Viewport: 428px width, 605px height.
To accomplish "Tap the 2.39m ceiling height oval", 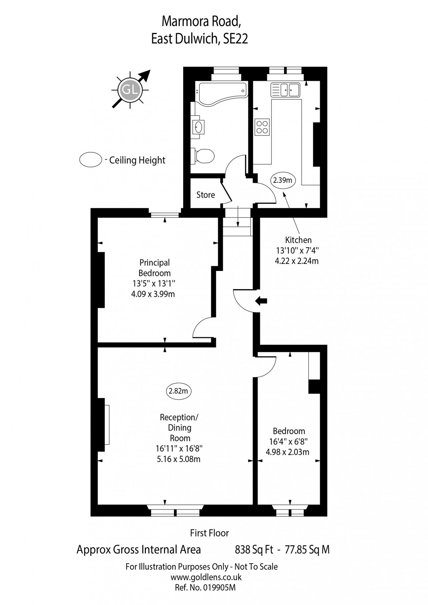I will pyautogui.click(x=283, y=180).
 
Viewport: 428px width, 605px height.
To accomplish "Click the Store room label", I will pyautogui.click(x=205, y=195).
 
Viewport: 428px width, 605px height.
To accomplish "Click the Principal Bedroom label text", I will pyautogui.click(x=155, y=268).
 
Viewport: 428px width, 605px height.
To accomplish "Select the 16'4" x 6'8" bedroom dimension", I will pyautogui.click(x=289, y=442).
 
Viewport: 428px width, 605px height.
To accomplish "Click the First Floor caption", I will pyautogui.click(x=209, y=533).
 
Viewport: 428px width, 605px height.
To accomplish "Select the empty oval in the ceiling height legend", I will pyautogui.click(x=90, y=160).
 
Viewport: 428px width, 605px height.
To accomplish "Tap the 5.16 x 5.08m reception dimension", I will pyautogui.click(x=179, y=459).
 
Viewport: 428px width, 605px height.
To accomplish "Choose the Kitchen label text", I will pyautogui.click(x=298, y=240).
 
